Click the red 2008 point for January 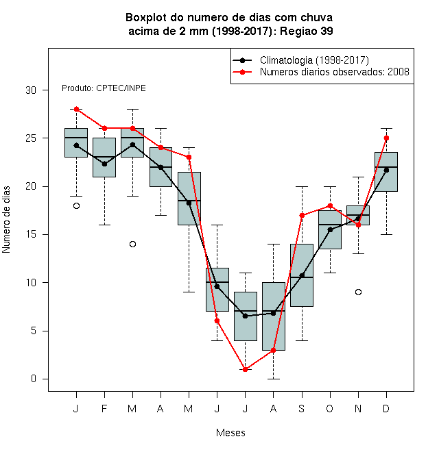76,109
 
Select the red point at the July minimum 245,369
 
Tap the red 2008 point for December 386,138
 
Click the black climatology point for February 104,164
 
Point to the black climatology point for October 330,229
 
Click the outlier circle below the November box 358,292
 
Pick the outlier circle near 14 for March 132,244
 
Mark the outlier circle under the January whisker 76,206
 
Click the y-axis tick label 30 31,90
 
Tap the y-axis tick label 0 34,379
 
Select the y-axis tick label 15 31,234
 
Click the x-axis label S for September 302,408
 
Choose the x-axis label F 104,408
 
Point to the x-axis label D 386,408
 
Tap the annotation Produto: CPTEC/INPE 104,88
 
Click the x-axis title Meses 230,433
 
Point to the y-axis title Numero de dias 6,220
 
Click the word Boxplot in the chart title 146,18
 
